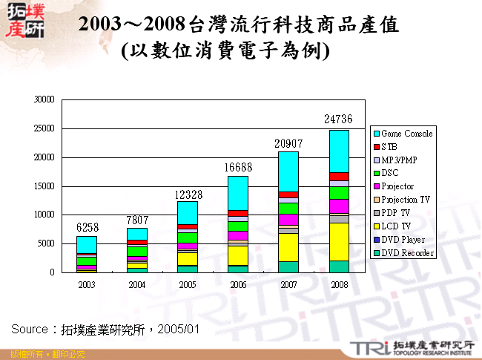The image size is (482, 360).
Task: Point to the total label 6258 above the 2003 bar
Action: tap(87, 226)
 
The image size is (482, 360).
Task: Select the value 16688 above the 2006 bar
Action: tap(238, 167)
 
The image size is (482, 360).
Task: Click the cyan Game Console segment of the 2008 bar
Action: tap(339, 151)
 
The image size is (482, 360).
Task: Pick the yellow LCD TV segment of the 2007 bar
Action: tap(288, 247)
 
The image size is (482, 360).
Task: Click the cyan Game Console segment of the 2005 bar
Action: tap(188, 212)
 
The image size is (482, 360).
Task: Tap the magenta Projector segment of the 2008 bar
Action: tap(339, 206)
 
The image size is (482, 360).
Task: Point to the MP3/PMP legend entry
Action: tap(402, 160)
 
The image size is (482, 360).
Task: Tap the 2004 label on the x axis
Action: tap(137, 285)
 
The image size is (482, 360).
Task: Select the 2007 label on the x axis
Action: tap(288, 285)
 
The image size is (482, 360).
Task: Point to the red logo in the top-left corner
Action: tap(24, 22)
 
